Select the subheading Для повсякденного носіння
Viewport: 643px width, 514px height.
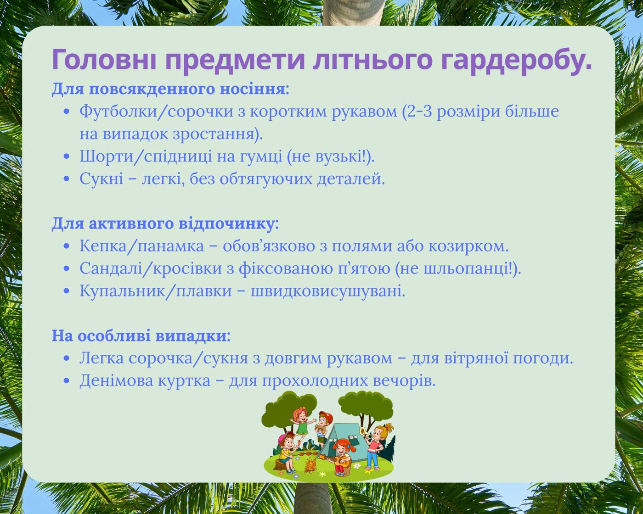170,89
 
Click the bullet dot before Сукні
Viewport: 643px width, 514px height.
66,179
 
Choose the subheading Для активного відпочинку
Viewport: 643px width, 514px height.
165,223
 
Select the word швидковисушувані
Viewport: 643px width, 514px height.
328,291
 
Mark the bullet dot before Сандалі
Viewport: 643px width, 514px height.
66,268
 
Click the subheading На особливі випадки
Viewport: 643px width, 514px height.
141,335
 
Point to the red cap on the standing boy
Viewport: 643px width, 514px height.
327,415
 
